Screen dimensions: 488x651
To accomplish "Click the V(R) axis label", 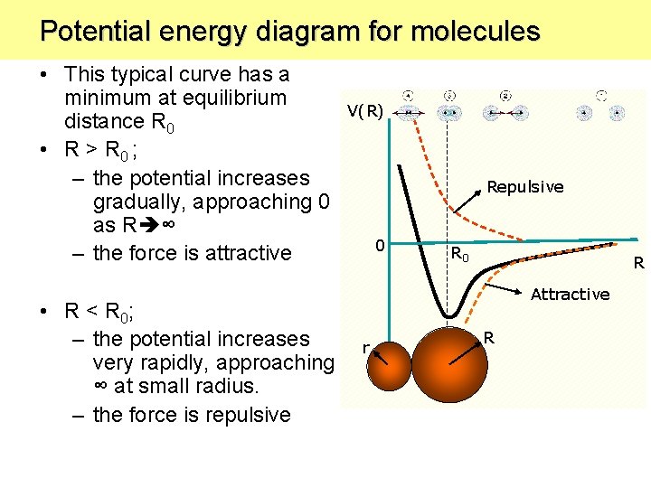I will pyautogui.click(x=365, y=111).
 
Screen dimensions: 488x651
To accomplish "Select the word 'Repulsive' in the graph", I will pyautogui.click(x=524, y=187).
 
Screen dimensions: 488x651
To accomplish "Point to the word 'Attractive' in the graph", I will pyautogui.click(x=570, y=295).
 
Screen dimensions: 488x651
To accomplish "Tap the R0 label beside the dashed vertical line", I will pyautogui.click(x=460, y=256).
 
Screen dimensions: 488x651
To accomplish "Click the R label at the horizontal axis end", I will pyautogui.click(x=637, y=264).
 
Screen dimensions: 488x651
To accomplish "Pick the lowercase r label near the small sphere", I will pyautogui.click(x=364, y=347).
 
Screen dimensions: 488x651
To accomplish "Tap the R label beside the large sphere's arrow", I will pyautogui.click(x=488, y=338).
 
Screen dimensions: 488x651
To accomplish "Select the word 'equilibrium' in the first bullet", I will pyautogui.click(x=231, y=98).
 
